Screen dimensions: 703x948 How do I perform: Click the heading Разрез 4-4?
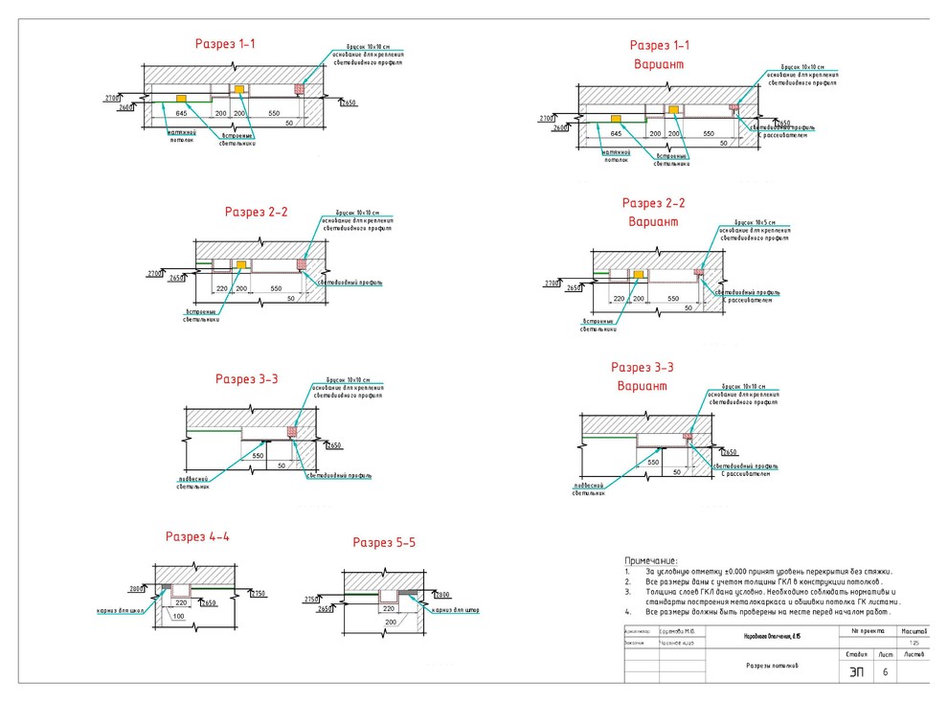[x=197, y=536]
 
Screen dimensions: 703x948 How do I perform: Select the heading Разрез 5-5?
[x=384, y=543]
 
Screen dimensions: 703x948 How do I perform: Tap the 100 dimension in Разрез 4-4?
[x=179, y=616]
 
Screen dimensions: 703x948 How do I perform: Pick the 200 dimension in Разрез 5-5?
[x=391, y=622]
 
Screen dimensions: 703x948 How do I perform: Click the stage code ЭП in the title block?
[x=856, y=672]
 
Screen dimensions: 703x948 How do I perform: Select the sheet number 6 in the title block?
[x=884, y=672]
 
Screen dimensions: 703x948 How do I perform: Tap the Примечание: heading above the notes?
[x=651, y=560]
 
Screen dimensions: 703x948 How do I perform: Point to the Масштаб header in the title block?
[x=914, y=632]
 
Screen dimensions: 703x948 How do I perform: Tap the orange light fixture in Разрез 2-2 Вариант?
[x=638, y=276]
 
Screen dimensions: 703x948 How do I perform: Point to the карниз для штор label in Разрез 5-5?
[x=454, y=609]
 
